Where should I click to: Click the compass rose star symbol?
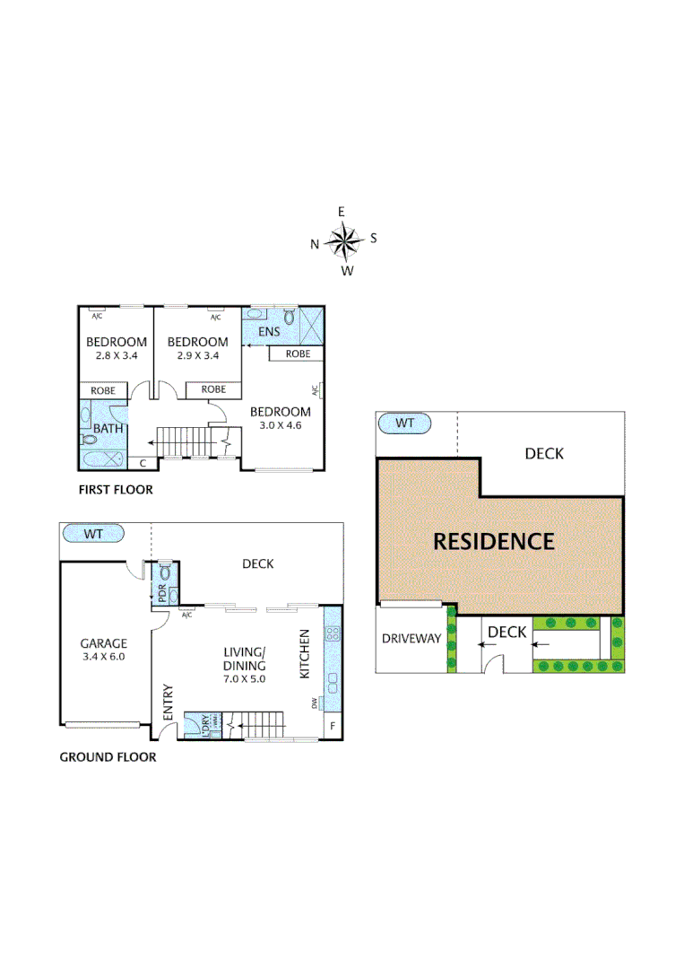(x=342, y=240)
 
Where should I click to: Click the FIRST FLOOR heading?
(x=115, y=490)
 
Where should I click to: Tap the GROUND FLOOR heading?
(x=108, y=757)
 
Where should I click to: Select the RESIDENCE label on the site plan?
(x=494, y=541)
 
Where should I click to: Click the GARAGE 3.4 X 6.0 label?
(x=103, y=650)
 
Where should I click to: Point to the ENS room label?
(x=268, y=332)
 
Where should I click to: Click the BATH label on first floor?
(x=108, y=429)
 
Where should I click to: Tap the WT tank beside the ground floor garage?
(x=93, y=534)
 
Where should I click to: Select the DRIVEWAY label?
(x=411, y=639)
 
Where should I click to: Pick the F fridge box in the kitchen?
(x=333, y=725)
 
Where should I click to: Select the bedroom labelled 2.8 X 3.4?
(x=116, y=348)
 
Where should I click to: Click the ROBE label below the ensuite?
(x=298, y=354)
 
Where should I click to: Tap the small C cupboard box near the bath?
(x=143, y=463)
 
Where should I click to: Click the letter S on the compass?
(x=374, y=238)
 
